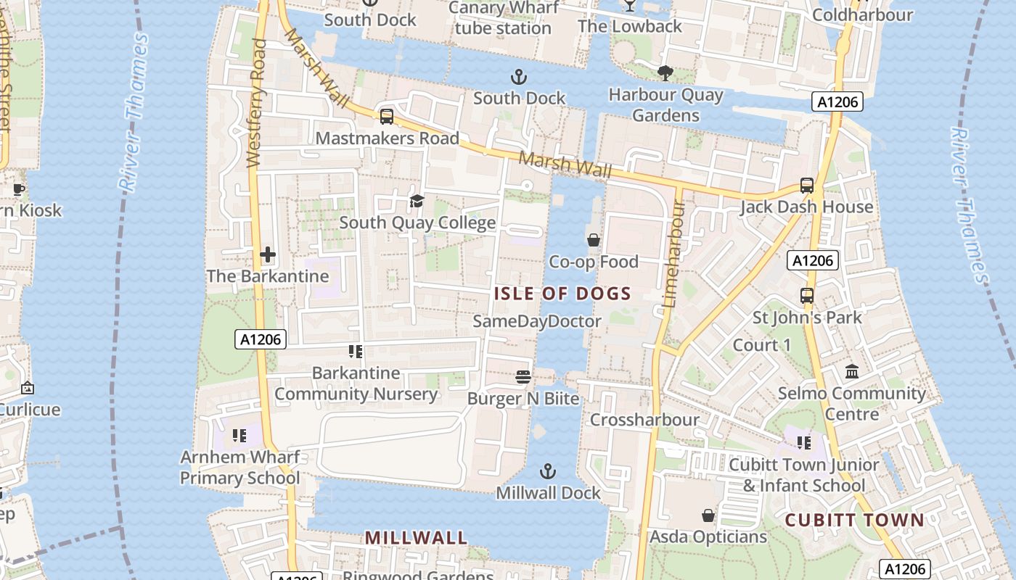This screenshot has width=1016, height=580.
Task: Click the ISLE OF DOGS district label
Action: pos(562,294)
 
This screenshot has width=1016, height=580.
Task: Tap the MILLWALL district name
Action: pos(416,538)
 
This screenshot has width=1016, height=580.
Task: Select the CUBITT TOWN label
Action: pos(855,520)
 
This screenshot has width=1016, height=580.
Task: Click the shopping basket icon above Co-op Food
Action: pos(594,240)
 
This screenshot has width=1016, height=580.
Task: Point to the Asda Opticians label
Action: pos(708,536)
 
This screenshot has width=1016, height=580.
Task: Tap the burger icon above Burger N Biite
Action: pos(523,376)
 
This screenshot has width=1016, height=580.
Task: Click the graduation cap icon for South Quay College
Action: pos(417,201)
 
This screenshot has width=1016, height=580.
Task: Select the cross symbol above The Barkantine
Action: pos(268,254)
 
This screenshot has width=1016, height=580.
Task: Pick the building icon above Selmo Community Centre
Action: pos(852,372)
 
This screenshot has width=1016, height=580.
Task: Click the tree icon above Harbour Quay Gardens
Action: pos(664,72)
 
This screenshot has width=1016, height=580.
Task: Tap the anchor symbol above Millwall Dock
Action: pos(548,472)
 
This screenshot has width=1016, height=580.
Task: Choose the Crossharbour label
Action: pos(644,420)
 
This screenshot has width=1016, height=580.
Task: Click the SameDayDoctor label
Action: pos(537,321)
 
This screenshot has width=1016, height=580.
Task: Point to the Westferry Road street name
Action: pos(255,103)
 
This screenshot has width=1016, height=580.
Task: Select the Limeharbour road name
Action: pos(673,254)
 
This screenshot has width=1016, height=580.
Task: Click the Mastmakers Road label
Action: pos(388,138)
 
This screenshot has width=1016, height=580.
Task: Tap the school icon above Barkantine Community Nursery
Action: pos(356,352)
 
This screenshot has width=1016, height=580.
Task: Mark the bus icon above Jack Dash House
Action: pos(806,186)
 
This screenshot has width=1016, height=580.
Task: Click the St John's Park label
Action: pos(807,318)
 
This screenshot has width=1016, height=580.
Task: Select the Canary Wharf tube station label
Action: pos(504,18)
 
